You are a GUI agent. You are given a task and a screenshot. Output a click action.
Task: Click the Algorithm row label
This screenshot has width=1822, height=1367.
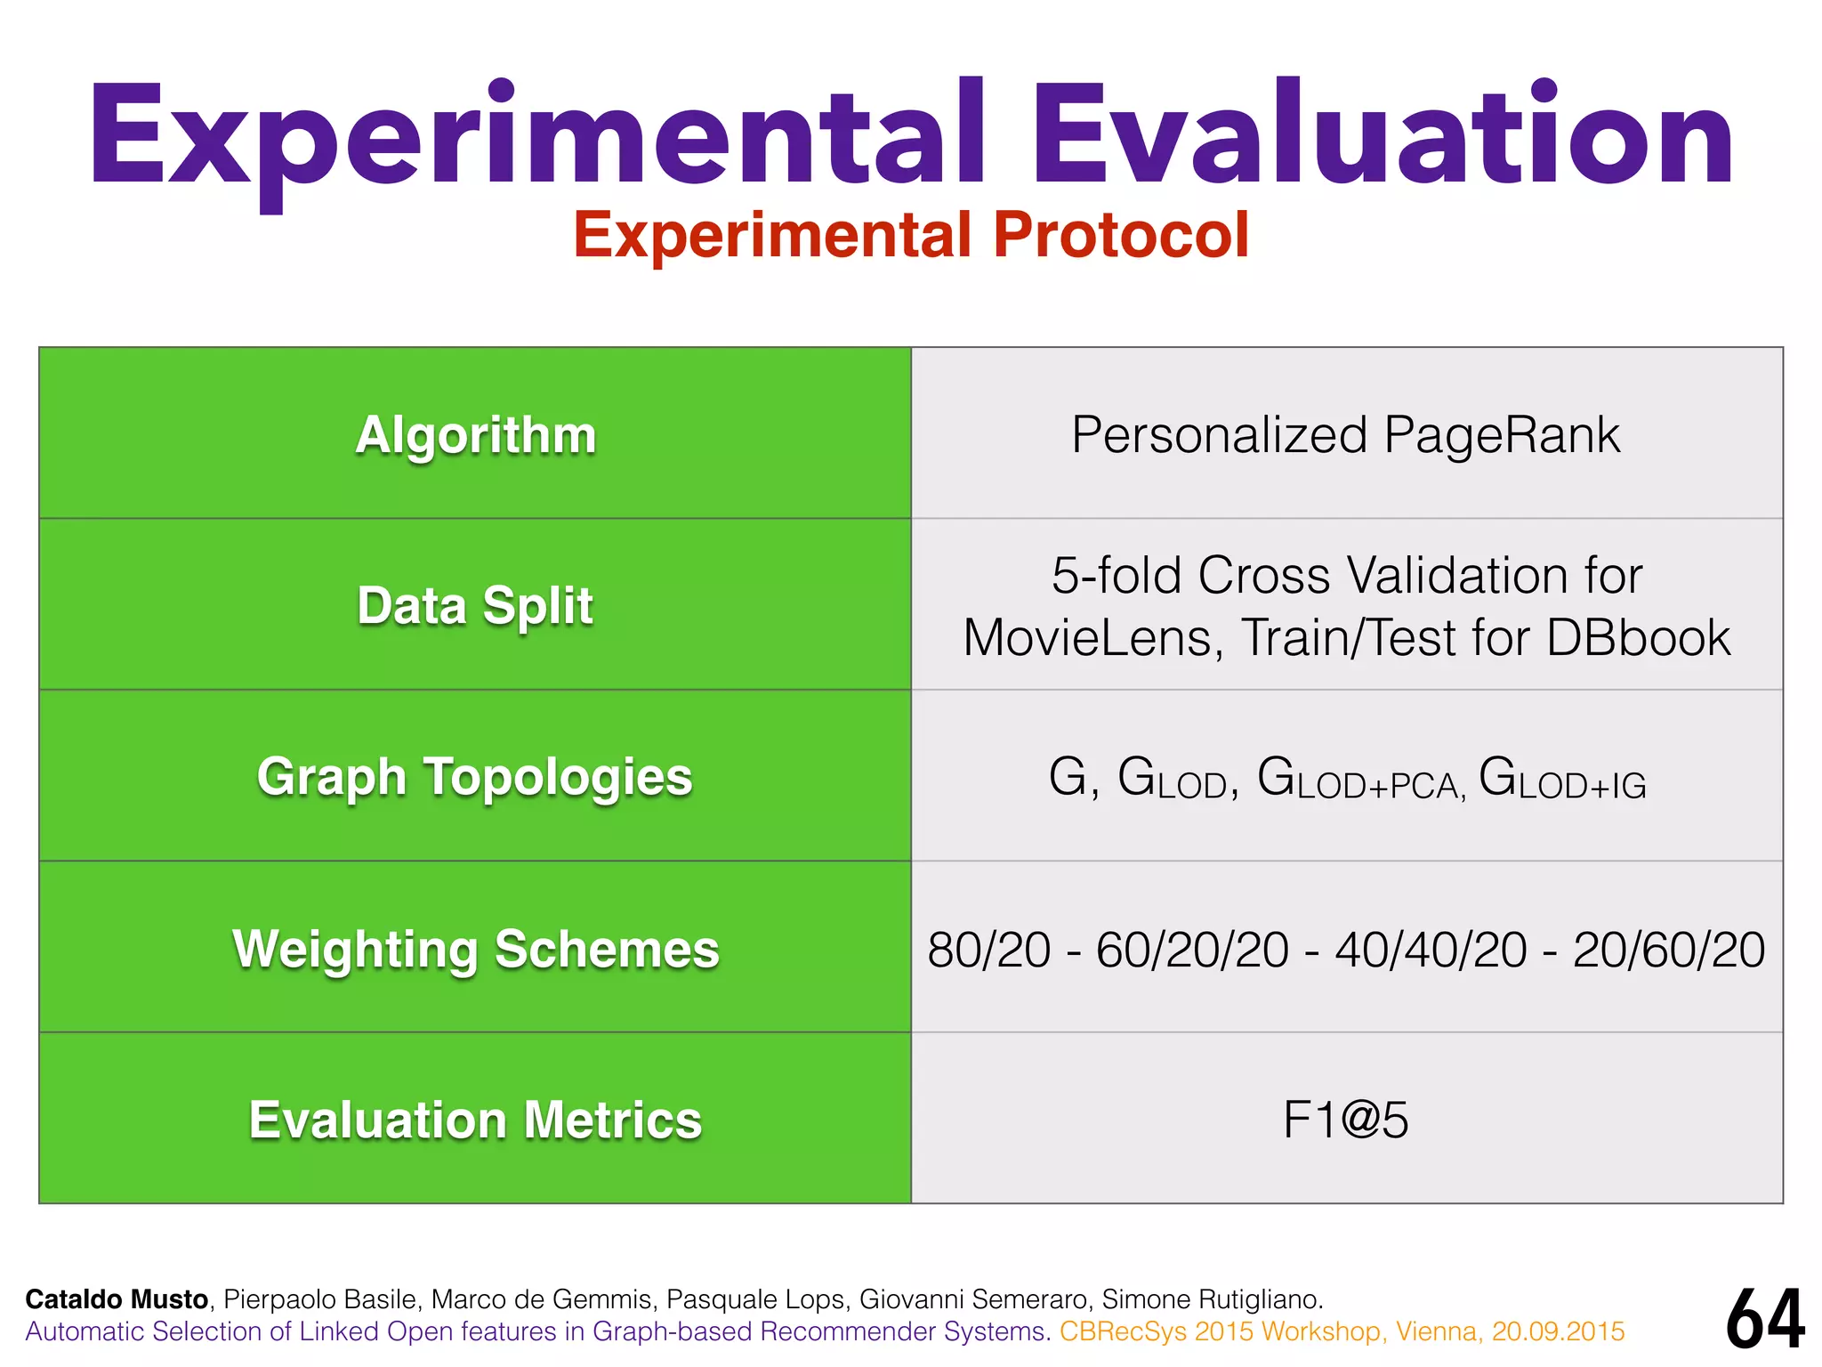coord(475,435)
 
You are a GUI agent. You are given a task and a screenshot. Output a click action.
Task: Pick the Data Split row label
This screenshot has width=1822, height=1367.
coord(475,606)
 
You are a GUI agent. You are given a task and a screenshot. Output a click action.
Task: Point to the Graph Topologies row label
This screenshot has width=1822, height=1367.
coord(475,777)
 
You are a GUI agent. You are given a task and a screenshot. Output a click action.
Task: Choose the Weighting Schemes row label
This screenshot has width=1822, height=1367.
coord(475,949)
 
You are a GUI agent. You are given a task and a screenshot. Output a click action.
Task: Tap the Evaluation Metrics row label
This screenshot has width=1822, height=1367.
coord(475,1120)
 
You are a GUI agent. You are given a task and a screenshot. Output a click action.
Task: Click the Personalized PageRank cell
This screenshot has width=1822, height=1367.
coord(1345,435)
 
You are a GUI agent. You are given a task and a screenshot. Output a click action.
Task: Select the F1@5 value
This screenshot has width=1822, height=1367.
coord(1345,1120)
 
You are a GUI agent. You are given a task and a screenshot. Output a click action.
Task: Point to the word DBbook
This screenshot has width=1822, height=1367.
coord(1638,638)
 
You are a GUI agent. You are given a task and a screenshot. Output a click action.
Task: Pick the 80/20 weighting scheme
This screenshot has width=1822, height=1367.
coord(988,950)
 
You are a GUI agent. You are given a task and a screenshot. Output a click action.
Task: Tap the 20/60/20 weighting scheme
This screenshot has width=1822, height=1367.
coord(1669,950)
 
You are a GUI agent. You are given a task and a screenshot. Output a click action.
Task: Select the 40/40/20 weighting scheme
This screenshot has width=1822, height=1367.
coord(1431,950)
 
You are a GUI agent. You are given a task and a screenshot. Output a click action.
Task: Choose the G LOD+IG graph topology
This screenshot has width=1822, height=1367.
coord(1562,779)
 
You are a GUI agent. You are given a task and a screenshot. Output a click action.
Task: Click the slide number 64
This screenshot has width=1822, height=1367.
coord(1765,1321)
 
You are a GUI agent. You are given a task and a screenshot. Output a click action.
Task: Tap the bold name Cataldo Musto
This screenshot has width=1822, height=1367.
coord(117,1299)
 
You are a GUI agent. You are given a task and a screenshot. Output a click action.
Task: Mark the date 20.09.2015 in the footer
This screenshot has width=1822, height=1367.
coord(1558,1331)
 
